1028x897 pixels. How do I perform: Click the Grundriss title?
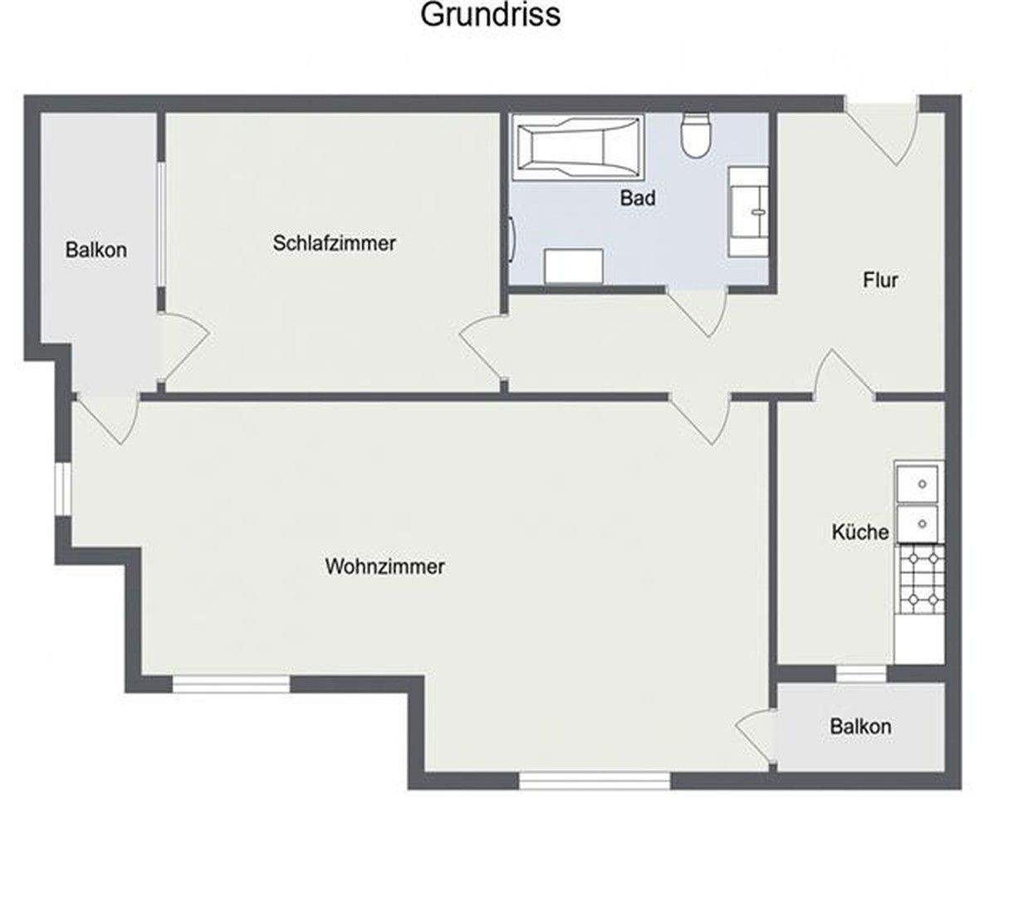pyautogui.click(x=490, y=14)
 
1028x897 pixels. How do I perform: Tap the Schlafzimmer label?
pyautogui.click(x=334, y=243)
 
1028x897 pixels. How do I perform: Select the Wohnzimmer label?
pyautogui.click(x=384, y=566)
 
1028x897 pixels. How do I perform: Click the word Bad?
pyautogui.click(x=638, y=198)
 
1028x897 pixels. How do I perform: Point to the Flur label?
pyautogui.click(x=880, y=280)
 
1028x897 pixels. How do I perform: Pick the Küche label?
pyautogui.click(x=860, y=532)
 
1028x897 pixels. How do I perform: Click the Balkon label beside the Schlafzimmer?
pyautogui.click(x=96, y=249)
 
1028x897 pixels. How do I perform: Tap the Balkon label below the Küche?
pyautogui.click(x=860, y=727)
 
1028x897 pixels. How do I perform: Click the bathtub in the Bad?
pyautogui.click(x=579, y=147)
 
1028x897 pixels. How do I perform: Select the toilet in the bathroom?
pyautogui.click(x=696, y=135)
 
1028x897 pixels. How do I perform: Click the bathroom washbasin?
pyautogui.click(x=748, y=211)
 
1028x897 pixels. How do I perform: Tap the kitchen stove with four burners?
pyautogui.click(x=919, y=579)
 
